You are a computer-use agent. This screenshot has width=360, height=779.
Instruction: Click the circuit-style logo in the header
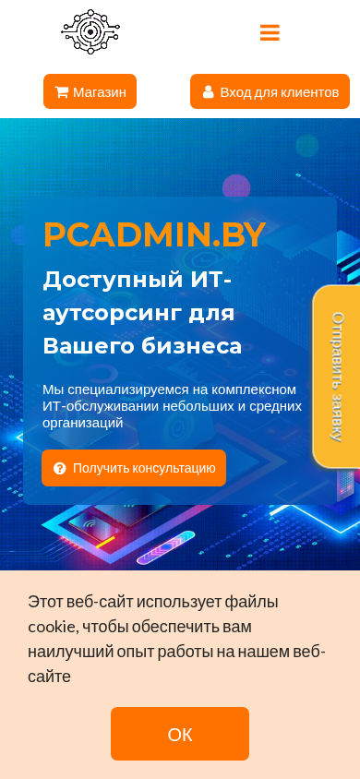click(x=90, y=31)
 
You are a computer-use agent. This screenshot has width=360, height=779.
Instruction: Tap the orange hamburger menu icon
click(x=270, y=32)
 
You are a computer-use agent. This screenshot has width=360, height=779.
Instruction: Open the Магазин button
click(x=90, y=91)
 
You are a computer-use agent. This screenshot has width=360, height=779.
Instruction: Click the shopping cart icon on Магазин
click(x=62, y=92)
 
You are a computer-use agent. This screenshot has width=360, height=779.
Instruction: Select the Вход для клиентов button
click(x=270, y=91)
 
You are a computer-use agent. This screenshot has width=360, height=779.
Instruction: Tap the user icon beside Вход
click(x=208, y=92)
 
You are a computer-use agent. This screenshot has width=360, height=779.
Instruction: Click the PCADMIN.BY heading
click(x=154, y=234)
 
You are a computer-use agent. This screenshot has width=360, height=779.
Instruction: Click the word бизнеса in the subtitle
click(x=192, y=346)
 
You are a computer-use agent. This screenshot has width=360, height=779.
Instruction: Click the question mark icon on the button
click(x=60, y=468)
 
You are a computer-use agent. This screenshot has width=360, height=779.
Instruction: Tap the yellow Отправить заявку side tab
click(x=337, y=376)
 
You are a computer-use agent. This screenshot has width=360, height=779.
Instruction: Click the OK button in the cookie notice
click(x=180, y=734)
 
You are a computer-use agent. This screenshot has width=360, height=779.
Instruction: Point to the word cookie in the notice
click(x=52, y=627)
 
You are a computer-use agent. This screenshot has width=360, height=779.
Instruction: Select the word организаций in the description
click(x=82, y=424)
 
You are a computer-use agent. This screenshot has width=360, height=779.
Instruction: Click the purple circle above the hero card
click(x=236, y=187)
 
